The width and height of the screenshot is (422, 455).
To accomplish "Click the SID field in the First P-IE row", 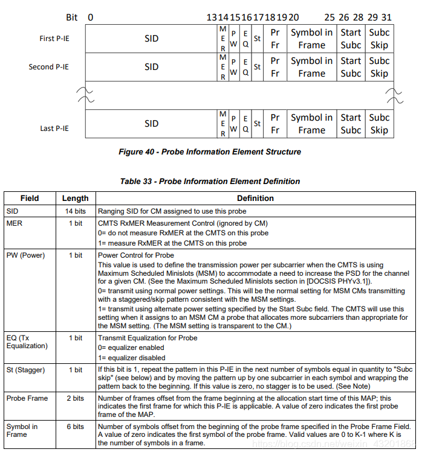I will [x=151, y=39].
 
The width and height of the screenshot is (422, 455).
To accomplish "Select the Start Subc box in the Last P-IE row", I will [x=351, y=124].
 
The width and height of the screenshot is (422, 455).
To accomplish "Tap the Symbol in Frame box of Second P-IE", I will [x=311, y=67].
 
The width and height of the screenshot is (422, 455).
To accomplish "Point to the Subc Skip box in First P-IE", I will [x=379, y=39].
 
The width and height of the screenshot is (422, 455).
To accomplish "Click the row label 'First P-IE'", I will [x=54, y=39].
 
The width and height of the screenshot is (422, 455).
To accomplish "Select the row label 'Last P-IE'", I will [x=54, y=129].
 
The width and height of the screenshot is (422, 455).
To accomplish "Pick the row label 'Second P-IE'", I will [x=49, y=67].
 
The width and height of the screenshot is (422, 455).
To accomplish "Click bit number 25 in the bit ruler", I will [x=329, y=17].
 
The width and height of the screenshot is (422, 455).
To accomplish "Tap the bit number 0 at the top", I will [x=90, y=17].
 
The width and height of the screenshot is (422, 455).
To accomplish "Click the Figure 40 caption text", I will [x=209, y=151].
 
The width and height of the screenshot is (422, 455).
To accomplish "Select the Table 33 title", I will [x=210, y=181].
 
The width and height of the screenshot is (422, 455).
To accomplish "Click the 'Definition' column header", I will [x=255, y=198].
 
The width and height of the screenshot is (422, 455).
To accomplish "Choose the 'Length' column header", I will [x=75, y=198].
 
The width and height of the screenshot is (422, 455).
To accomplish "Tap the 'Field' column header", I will [x=30, y=198].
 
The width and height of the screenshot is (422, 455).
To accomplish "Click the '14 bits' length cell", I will [x=75, y=211].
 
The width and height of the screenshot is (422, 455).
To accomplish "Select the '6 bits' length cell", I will [x=75, y=427].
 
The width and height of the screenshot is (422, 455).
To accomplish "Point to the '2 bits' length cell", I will [x=75, y=398].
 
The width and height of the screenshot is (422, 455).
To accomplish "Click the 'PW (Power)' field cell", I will [x=25, y=255].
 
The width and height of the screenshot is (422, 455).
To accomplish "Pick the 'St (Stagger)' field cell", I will [x=27, y=370].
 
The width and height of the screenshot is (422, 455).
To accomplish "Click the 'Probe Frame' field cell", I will [x=28, y=398].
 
